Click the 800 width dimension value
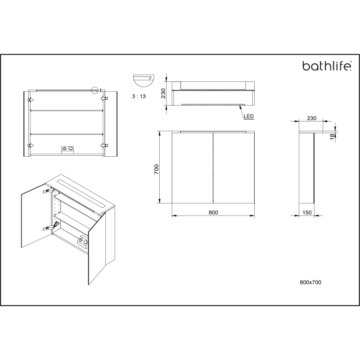point(213,213)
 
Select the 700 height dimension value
point(156,168)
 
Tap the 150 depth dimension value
point(307,213)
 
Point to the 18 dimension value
point(332,138)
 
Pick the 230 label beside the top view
point(164,93)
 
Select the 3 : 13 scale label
point(139,96)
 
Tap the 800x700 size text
point(311,283)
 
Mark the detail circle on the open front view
point(95,90)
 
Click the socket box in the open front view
point(68,148)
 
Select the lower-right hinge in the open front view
point(104,145)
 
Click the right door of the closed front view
point(234,168)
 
